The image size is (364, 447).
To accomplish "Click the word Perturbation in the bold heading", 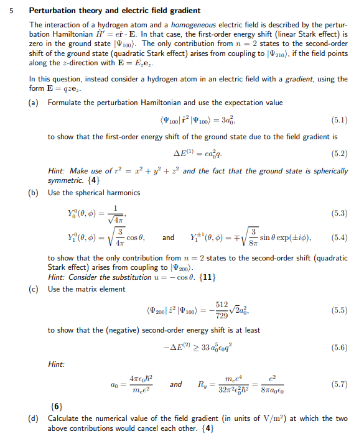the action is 54,11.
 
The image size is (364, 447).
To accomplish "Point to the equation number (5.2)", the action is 337,154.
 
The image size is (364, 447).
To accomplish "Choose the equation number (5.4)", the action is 337,237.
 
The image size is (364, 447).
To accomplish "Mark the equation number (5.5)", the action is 337,309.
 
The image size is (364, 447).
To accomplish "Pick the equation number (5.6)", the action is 337,348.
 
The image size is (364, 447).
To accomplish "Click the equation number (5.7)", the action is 337,385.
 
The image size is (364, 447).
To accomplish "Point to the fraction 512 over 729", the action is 221,309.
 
